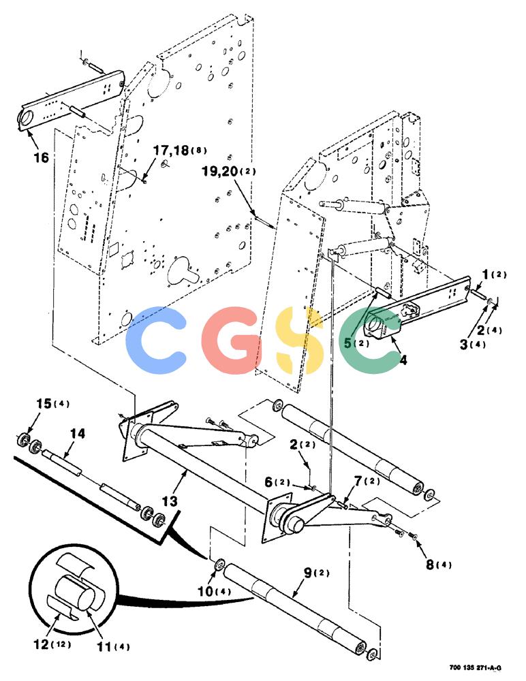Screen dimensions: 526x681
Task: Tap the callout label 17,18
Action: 171,151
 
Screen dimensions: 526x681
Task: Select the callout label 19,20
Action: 220,171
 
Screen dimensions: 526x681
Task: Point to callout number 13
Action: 170,501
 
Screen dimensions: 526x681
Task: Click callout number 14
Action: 78,433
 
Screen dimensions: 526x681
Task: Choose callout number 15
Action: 44,403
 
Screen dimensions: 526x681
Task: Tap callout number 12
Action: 42,644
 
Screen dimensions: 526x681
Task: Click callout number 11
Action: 104,647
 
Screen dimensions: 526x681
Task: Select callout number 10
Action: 205,591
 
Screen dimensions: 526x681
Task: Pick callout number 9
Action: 308,573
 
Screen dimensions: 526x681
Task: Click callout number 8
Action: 430,565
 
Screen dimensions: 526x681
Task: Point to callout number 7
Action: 358,481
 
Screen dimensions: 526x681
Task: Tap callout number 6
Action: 268,481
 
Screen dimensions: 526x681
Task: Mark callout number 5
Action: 347,343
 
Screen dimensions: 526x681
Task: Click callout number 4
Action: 403,360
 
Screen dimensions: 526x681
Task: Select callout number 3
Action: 464,345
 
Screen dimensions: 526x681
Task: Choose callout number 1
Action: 486,274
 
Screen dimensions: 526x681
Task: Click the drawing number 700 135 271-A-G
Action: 476,667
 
